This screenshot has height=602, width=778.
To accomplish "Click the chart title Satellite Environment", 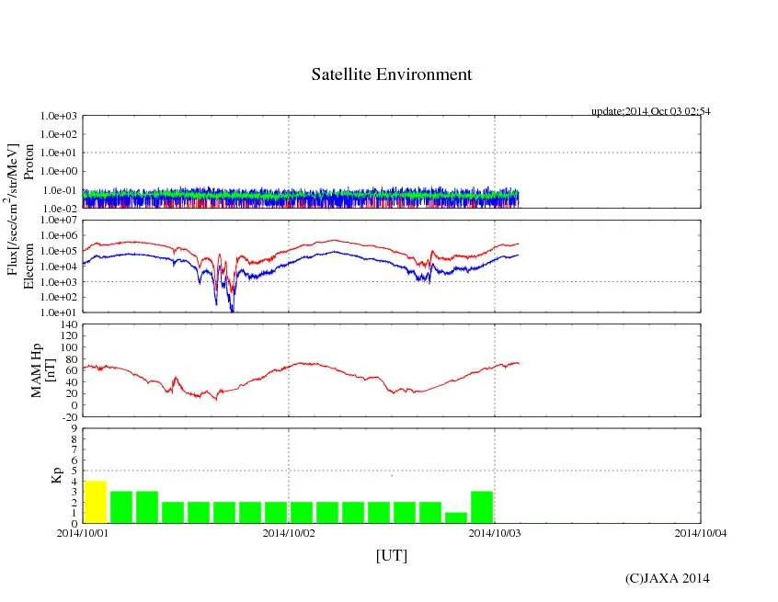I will point(391,74).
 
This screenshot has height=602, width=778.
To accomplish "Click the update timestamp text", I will point(650,111).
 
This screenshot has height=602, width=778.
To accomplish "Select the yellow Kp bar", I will point(96,502).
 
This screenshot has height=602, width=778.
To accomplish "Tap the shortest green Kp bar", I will point(456,517).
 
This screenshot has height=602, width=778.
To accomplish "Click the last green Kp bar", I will point(482,507).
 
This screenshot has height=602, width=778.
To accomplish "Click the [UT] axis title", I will point(391,555).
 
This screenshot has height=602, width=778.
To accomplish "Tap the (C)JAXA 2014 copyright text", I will point(667,578).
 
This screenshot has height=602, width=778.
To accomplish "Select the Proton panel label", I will point(29,162).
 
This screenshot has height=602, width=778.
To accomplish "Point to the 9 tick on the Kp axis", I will point(74,427).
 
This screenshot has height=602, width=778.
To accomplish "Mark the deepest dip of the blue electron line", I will point(232,311).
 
